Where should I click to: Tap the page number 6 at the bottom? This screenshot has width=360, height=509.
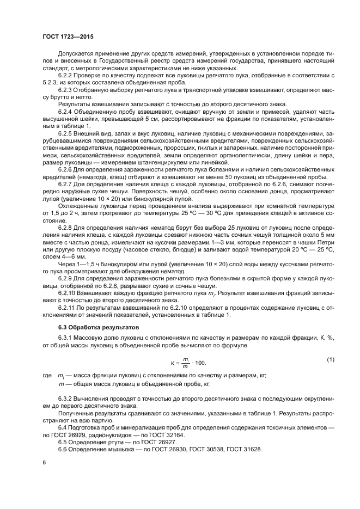point(44,462)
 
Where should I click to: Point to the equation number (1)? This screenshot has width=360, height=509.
point(330,360)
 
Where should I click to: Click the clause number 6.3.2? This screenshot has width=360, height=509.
point(66,400)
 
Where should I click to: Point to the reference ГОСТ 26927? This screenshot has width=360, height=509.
point(149,441)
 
